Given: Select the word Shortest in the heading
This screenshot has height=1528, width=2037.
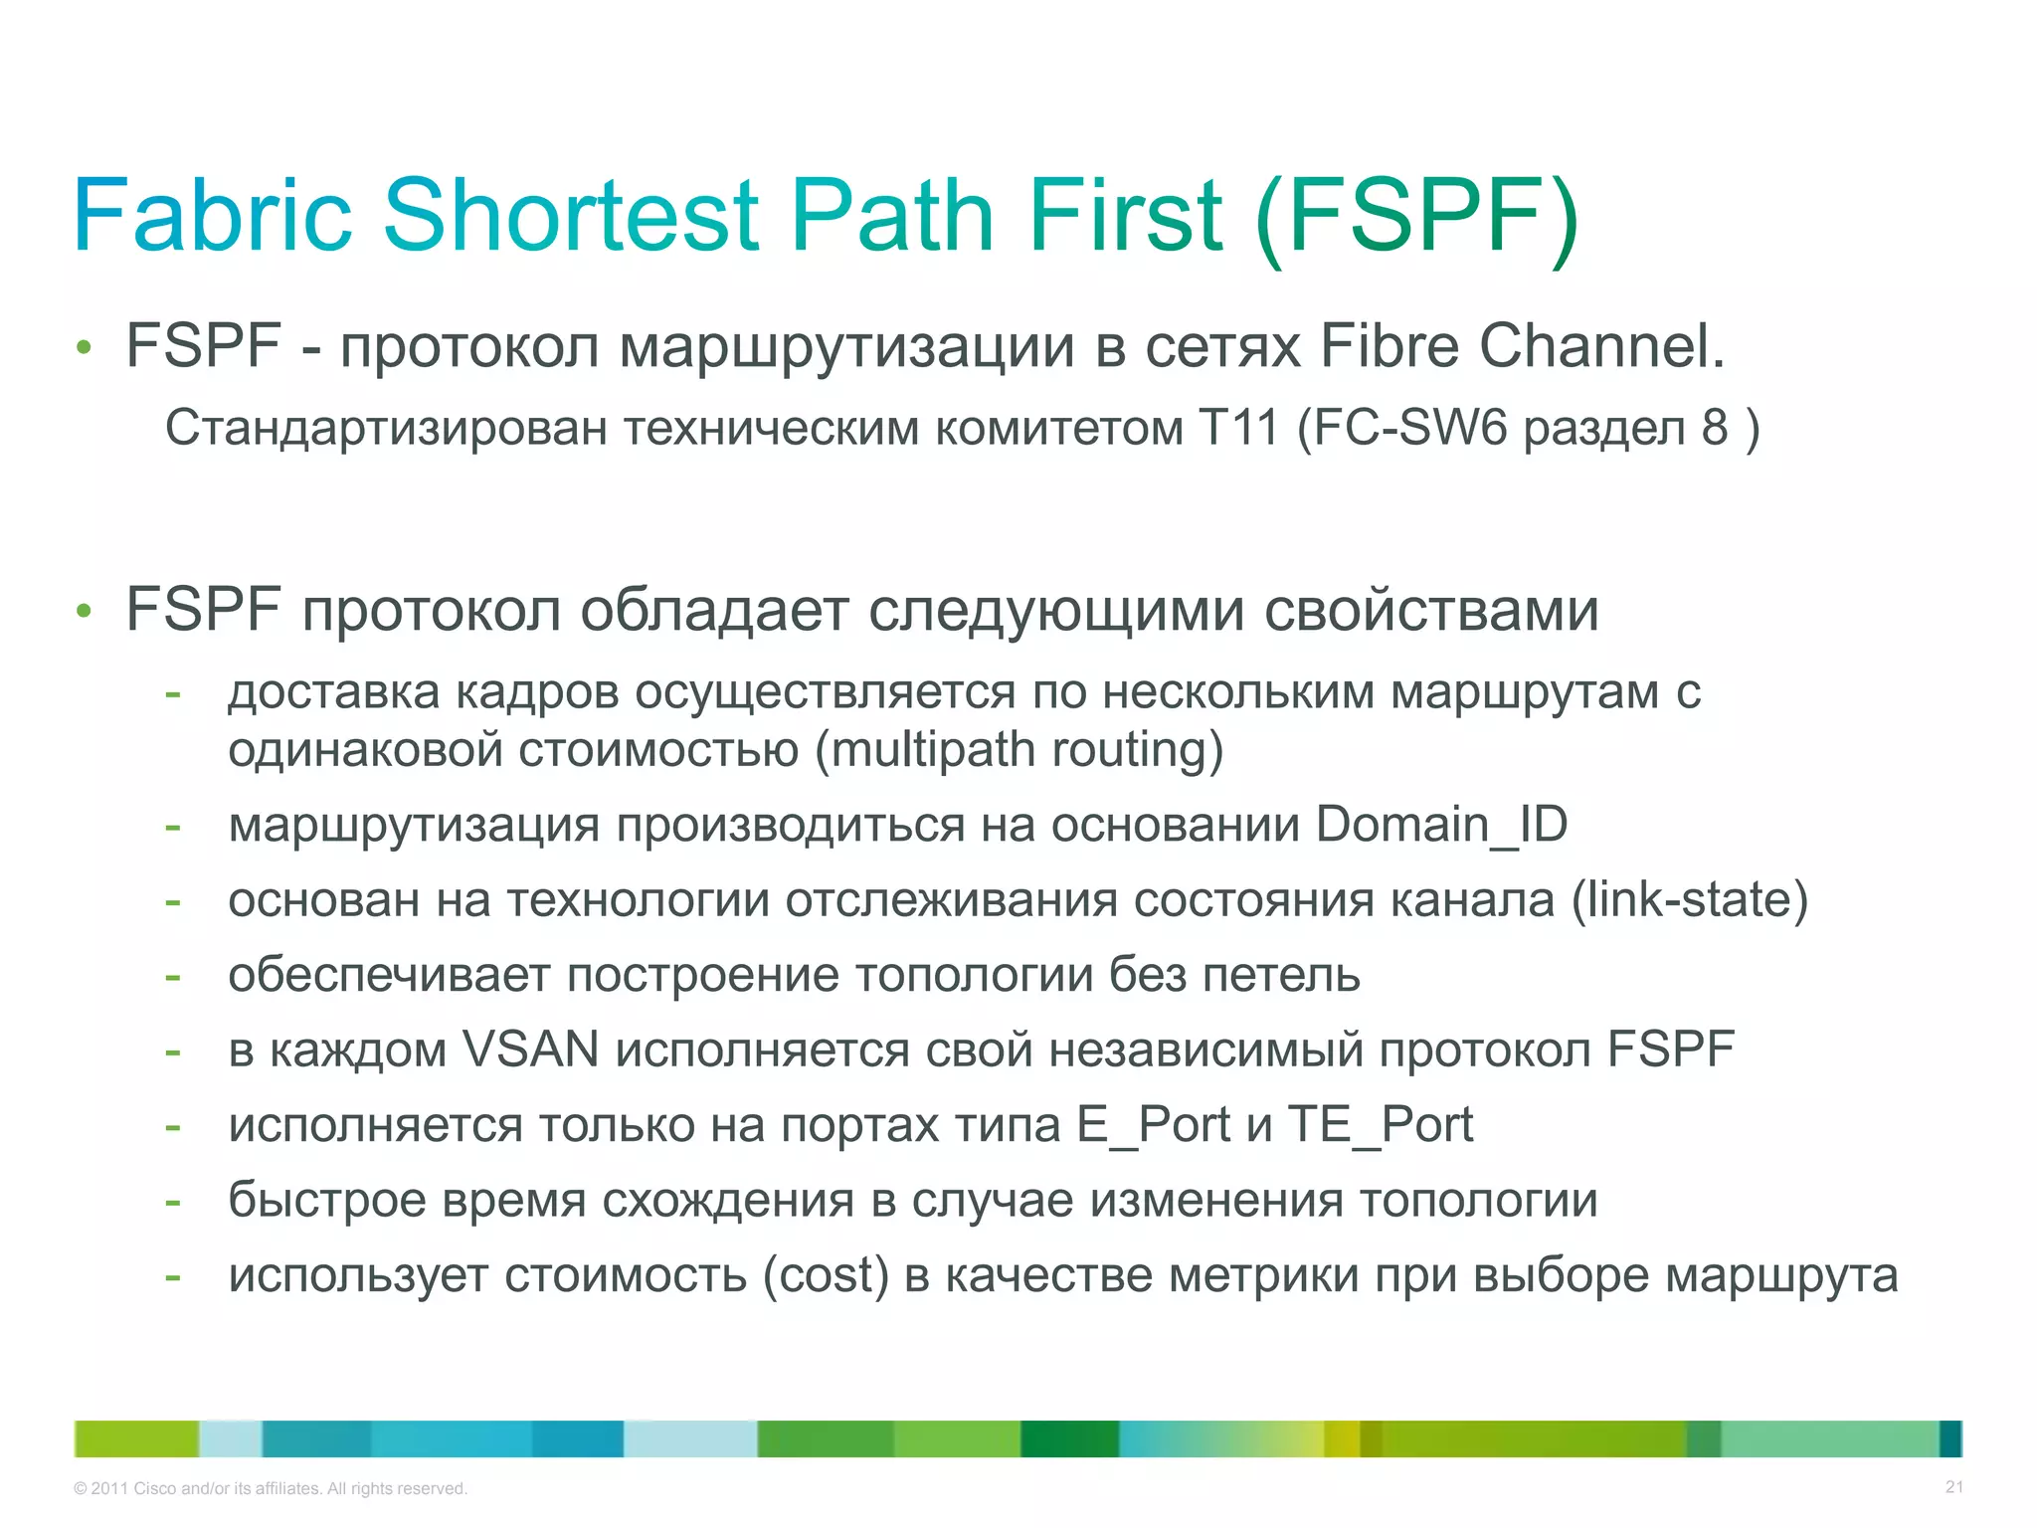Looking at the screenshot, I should pos(571,216).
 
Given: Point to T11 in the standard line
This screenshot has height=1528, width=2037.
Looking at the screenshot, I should pos(1238,428).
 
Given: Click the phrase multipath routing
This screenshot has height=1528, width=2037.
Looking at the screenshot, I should pos(1019,749).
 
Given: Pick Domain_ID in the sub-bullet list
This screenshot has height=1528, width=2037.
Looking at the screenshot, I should pos(1441,825).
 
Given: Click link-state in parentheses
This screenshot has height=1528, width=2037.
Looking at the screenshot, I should pos(1689,899).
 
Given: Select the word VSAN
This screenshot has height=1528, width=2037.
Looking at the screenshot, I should pos(531,1050).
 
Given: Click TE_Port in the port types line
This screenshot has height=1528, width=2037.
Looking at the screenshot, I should pos(1380,1125).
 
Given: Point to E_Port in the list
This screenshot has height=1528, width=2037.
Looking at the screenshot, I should pos(1154,1125).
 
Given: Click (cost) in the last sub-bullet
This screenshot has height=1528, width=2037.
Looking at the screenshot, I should pos(825,1275).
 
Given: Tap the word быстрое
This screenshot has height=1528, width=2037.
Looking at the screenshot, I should pos(327,1200).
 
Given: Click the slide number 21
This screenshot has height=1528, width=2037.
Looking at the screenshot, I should pos(1953,1487).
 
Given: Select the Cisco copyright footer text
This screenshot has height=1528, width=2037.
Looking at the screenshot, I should pos(271,1488).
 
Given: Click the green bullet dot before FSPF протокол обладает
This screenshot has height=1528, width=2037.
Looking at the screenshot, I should pos(85,610).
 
